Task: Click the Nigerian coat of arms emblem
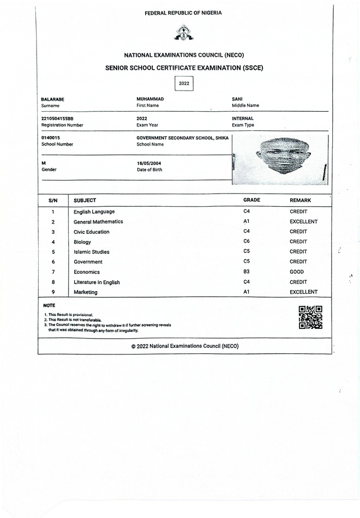pos(183,34)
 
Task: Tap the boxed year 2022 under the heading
pos(184,83)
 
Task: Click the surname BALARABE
pos(53,99)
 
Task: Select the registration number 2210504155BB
pos(57,118)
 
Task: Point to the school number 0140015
pos(51,138)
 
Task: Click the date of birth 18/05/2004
pos(149,163)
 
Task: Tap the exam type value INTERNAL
pos(243,118)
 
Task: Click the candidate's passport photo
pos(280,159)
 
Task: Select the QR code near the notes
pos(310,317)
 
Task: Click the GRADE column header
pos(251,200)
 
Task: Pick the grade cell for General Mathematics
pos(247,221)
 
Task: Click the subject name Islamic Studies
pos(91,252)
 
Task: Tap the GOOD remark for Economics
pos(297,272)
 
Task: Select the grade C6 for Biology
pos(247,242)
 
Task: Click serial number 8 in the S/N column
pos(53,282)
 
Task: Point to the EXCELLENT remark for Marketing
pos(303,292)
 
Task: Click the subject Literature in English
pos(97,282)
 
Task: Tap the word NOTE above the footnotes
pos(49,305)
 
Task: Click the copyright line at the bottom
pos(185,346)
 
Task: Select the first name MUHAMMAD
pos(150,99)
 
